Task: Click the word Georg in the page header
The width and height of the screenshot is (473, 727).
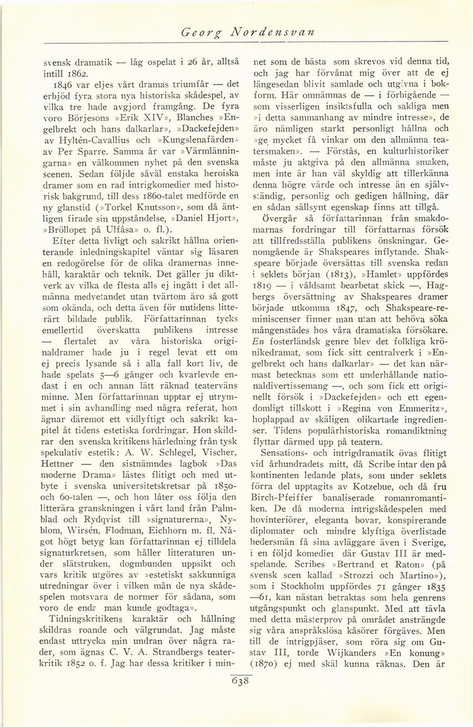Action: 196,31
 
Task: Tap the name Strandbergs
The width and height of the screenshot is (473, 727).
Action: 187,662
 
